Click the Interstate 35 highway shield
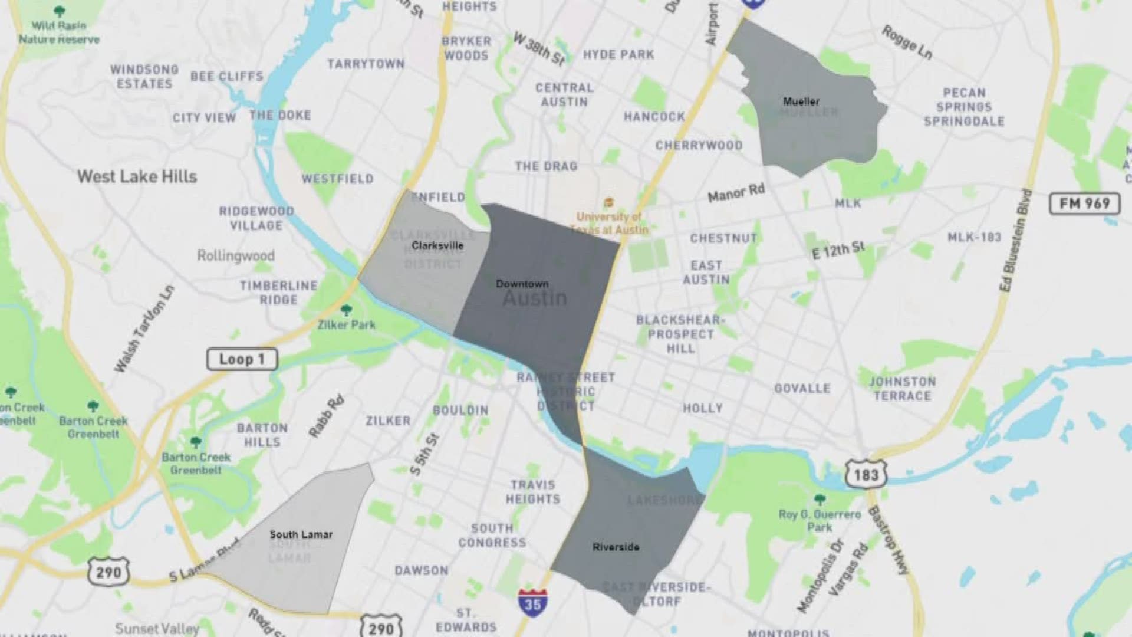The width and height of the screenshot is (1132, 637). (x=532, y=602)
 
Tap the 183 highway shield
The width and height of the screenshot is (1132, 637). (x=866, y=474)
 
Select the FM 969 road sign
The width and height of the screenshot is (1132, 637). (x=1084, y=203)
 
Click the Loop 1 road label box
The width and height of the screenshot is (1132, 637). (x=242, y=359)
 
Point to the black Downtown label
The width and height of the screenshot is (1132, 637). (x=522, y=284)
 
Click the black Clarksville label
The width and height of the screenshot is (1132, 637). (x=437, y=245)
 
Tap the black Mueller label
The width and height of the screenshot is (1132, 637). (x=801, y=101)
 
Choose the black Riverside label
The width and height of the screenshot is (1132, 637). (x=616, y=547)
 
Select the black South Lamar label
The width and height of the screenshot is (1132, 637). (x=301, y=534)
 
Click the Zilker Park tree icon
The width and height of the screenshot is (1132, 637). (x=347, y=310)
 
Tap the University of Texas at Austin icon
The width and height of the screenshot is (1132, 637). (x=608, y=203)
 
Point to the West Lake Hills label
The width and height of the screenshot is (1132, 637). (x=137, y=176)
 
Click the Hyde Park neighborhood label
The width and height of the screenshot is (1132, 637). (x=618, y=55)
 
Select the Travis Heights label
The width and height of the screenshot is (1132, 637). (x=533, y=492)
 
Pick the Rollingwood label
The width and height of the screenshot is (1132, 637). (x=235, y=256)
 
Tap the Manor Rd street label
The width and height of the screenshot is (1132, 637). (x=736, y=192)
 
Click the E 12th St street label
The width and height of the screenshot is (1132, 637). (x=838, y=251)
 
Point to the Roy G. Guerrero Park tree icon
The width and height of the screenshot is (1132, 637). (x=820, y=500)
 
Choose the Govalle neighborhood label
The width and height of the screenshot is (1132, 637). (x=802, y=388)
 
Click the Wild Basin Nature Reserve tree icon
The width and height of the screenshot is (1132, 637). (x=58, y=11)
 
